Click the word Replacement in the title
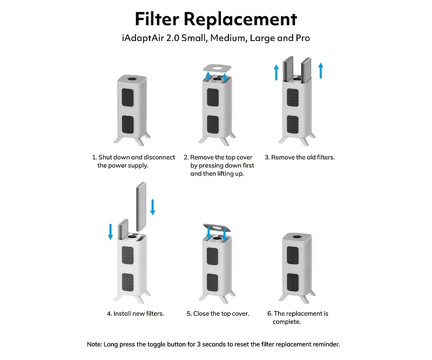(240, 19)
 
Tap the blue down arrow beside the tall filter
(153, 207)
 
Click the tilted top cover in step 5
(217, 229)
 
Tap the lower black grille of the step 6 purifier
(293, 281)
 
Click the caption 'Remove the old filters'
(300, 157)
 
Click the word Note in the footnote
(95, 344)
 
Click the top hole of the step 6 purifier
(297, 236)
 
